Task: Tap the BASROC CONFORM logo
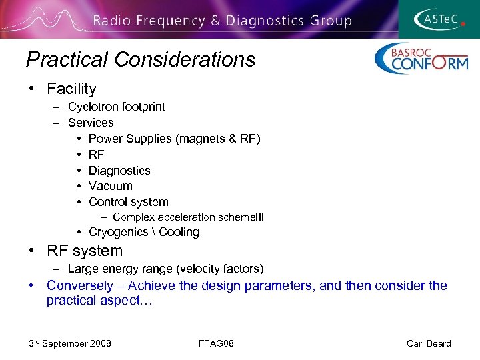[421, 59]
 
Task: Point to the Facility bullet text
[71, 89]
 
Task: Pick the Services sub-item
[91, 123]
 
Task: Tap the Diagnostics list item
[119, 171]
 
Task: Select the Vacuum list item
[110, 186]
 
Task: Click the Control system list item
[128, 202]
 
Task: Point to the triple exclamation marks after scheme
[259, 217]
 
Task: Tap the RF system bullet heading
[85, 251]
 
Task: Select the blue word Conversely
[80, 285]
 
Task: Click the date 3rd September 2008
[70, 343]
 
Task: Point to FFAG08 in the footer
[216, 343]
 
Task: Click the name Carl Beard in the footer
[429, 343]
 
